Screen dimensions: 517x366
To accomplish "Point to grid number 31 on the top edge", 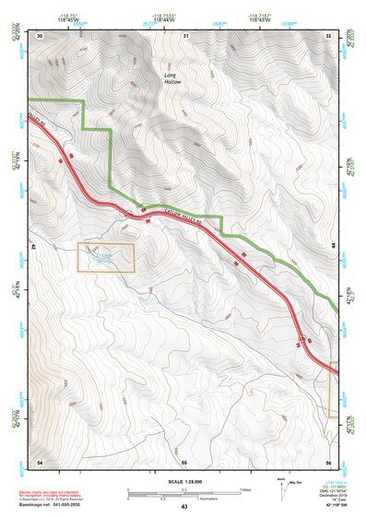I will tap(185, 36).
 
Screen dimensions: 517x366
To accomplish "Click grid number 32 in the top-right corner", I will tap(329, 36).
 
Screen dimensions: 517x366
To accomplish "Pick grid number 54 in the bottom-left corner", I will tap(40, 460).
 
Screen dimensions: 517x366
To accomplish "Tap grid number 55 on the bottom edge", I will tap(184, 460).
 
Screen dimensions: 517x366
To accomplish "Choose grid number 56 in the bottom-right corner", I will tap(328, 460).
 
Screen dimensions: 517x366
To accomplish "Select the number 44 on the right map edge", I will tap(334, 247).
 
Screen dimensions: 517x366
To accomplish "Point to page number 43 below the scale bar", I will tap(184, 507).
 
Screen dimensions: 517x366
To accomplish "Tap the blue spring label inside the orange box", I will tap(105, 257).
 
